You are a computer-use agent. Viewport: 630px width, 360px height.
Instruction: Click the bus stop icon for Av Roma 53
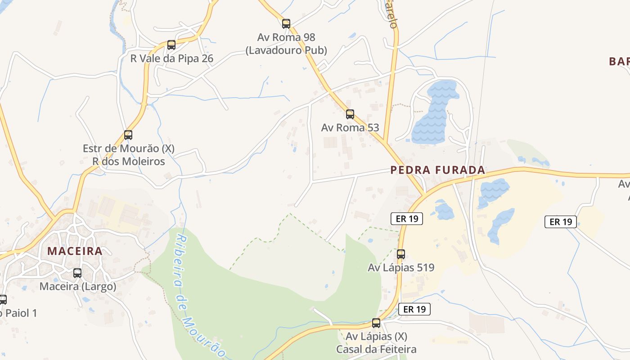(x=350, y=114)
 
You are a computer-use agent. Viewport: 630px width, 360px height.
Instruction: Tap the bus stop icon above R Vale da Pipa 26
(x=171, y=45)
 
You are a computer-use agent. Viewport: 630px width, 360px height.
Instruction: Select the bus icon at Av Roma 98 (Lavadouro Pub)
(x=286, y=24)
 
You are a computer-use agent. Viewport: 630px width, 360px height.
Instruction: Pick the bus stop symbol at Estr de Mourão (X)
(x=128, y=135)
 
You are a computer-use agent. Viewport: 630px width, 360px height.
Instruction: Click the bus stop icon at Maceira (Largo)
(x=77, y=273)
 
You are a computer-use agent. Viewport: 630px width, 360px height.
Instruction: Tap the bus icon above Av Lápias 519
(x=401, y=254)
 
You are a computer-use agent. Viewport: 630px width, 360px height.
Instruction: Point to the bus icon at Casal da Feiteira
(x=376, y=323)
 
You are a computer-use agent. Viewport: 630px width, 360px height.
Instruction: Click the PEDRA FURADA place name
(x=438, y=170)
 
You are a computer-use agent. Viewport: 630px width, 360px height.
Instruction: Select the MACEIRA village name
(x=75, y=251)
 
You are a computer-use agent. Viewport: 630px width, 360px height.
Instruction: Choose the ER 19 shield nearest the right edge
(x=561, y=222)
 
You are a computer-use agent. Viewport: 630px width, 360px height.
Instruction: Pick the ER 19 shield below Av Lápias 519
(x=414, y=309)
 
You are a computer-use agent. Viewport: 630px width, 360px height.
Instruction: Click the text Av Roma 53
(x=350, y=128)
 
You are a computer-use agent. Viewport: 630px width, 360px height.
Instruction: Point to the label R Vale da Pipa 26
(x=171, y=58)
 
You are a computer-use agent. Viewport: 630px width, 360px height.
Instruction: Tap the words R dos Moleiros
(x=129, y=161)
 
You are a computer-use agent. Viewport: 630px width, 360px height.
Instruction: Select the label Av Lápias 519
(x=401, y=268)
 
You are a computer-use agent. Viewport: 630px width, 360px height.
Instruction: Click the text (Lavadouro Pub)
(x=286, y=50)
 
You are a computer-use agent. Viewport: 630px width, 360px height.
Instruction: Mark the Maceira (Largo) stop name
(x=78, y=287)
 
